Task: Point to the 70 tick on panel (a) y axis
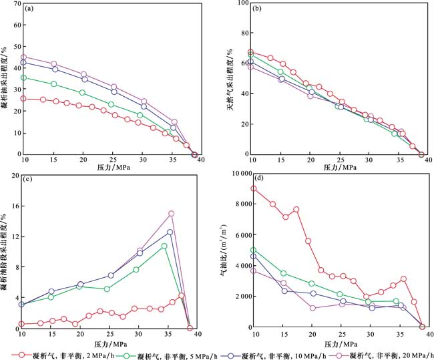pos(15,5)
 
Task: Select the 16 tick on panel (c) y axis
pos(15,206)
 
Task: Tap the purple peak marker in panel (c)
pos(172,214)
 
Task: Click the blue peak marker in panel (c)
pos(170,232)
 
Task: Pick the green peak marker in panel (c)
pos(164,246)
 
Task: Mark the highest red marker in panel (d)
pos(253,188)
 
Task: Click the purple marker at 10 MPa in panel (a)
pos(24,57)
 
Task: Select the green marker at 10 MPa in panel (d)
pos(253,250)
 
